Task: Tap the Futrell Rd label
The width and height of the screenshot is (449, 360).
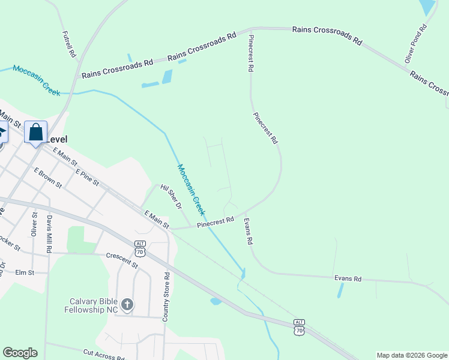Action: tap(69, 44)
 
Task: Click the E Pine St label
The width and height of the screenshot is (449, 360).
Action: tap(87, 176)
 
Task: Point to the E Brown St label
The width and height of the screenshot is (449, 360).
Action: tap(48, 178)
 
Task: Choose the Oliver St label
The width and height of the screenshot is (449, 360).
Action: tap(34, 224)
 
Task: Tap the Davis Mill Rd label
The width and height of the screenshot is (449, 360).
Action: tap(50, 233)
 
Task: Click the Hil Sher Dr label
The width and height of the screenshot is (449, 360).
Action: tap(171, 197)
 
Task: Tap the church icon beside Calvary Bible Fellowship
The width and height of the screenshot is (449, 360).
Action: tap(127, 305)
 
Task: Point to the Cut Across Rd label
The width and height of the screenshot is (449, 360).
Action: tap(104, 355)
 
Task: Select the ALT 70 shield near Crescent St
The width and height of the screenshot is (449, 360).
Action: tap(140, 248)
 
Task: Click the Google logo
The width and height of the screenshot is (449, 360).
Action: tap(20, 353)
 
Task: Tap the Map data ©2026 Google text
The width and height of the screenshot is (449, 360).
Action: tap(411, 355)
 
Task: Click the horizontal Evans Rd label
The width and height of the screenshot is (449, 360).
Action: tap(348, 278)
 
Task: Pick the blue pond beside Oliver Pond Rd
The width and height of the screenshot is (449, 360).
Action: tap(427, 7)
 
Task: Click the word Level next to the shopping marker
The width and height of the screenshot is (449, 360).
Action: tap(58, 139)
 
